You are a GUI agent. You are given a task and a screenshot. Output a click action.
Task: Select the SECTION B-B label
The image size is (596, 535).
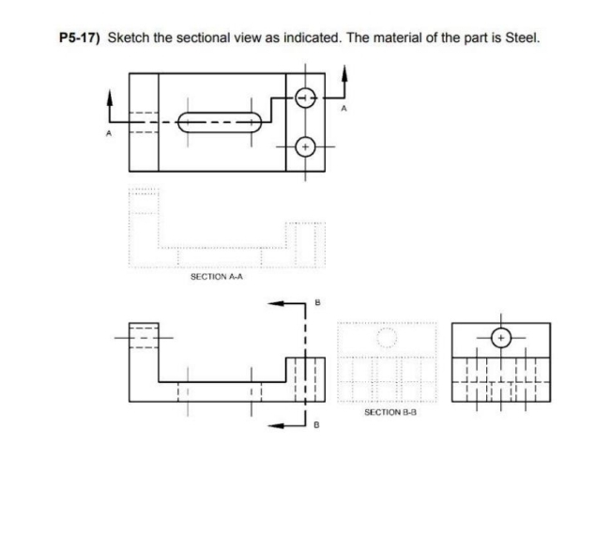coord(387,411)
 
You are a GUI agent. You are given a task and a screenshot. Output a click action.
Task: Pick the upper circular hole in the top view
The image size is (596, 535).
coord(303,98)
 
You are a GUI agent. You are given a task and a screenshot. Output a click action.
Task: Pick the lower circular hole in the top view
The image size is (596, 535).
coord(303,146)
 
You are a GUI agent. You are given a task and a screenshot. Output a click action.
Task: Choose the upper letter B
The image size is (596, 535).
coord(317,302)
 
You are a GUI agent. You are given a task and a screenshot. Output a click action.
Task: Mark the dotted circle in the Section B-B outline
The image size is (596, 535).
coord(386,337)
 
